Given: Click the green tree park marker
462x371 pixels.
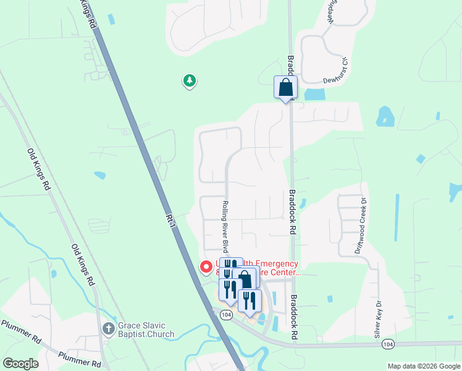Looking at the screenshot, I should coord(189,80).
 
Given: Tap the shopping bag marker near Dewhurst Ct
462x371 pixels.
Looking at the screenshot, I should coord(285,87).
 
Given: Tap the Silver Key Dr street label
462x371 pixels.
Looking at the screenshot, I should coord(377,318).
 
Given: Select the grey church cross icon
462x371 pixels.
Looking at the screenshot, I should coord(108,328).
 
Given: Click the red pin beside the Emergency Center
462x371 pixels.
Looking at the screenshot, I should coord(206,267).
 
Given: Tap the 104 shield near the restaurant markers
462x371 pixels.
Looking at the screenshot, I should coord(225,314).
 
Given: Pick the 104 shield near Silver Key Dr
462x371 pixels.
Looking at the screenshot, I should coord(387,344).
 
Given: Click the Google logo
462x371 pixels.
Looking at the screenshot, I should coord(20,364).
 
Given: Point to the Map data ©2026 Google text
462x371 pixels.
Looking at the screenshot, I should coord(423,366).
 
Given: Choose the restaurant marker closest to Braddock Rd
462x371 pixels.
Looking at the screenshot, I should coord(250,301).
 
